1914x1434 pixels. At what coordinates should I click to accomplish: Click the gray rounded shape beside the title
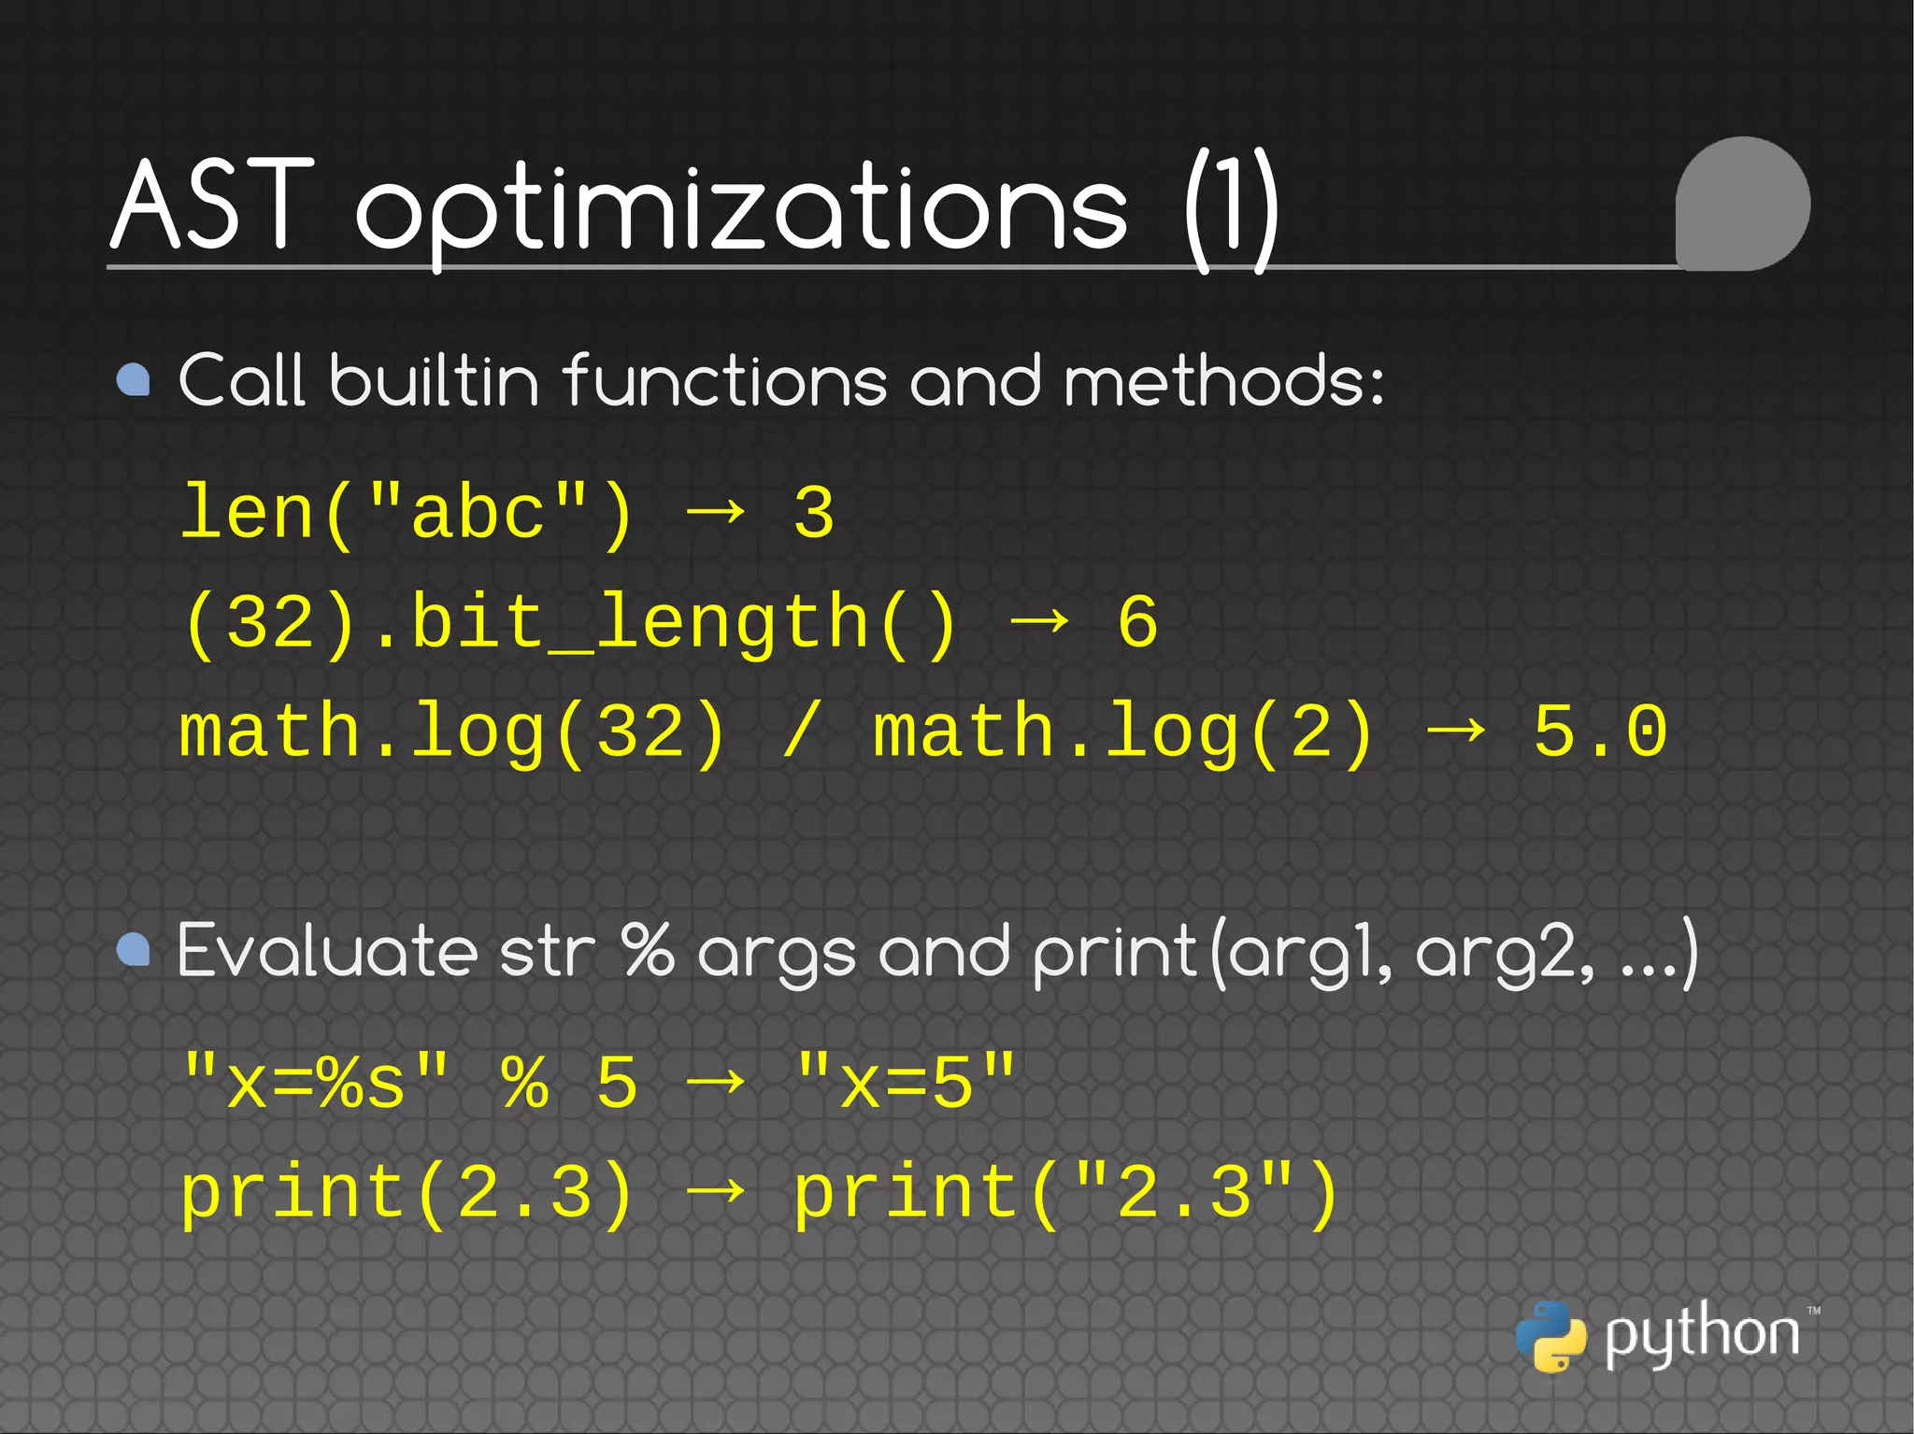pyautogui.click(x=1742, y=204)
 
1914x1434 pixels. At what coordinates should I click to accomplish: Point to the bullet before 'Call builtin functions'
pyautogui.click(x=134, y=380)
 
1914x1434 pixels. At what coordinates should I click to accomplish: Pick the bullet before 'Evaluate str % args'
pyautogui.click(x=134, y=949)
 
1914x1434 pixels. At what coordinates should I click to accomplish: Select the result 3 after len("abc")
pyautogui.click(x=813, y=513)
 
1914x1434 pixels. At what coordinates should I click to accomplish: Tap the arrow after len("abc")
pyautogui.click(x=715, y=511)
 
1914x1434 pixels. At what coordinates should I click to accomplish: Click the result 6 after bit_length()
pyautogui.click(x=1137, y=622)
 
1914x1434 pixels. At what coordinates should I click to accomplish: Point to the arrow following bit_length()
pyautogui.click(x=1039, y=620)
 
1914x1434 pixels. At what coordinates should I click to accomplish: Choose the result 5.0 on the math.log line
pyautogui.click(x=1600, y=731)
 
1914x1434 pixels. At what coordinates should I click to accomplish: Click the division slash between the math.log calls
pyautogui.click(x=801, y=731)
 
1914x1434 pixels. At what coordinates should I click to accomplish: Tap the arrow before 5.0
pyautogui.click(x=1456, y=730)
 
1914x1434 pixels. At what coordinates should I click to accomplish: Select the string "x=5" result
pyautogui.click(x=905, y=1082)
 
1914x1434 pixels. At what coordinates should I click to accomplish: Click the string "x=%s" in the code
pyautogui.click(x=315, y=1082)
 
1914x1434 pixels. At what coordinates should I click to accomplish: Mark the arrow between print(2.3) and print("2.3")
pyautogui.click(x=715, y=1190)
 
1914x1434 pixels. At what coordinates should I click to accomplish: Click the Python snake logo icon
pyautogui.click(x=1550, y=1336)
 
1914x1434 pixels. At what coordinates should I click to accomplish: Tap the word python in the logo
pyautogui.click(x=1701, y=1334)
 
